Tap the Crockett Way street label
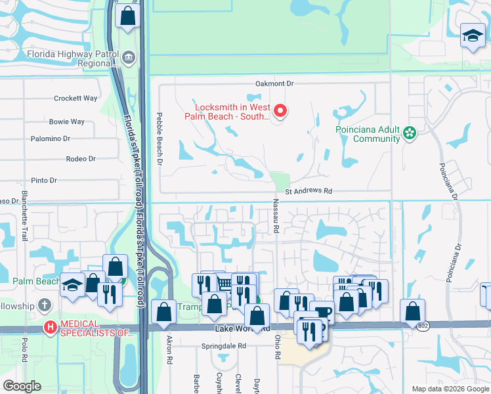[75, 98]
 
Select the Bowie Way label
[66, 122]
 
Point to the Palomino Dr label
[51, 139]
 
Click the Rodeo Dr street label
[81, 159]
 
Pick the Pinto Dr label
[44, 181]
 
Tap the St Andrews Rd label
[309, 192]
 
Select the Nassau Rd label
[276, 218]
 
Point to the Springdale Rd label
[224, 345]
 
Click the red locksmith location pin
[280, 110]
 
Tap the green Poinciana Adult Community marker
[410, 133]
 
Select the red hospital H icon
[50, 326]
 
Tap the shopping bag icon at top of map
[127, 15]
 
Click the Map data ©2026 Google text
[450, 389]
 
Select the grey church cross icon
[44, 305]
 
